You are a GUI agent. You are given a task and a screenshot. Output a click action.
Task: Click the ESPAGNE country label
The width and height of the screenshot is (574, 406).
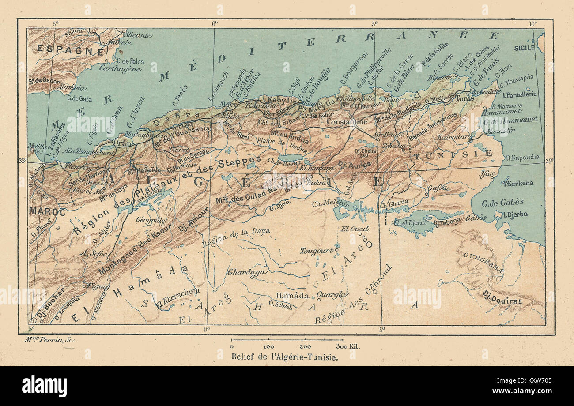click(70, 50)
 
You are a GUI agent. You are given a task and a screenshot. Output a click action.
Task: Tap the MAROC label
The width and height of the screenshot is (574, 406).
click(47, 212)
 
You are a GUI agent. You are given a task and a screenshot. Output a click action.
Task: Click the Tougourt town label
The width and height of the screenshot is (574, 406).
click(316, 251)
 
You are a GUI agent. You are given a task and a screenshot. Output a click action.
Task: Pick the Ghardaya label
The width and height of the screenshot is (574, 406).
click(247, 272)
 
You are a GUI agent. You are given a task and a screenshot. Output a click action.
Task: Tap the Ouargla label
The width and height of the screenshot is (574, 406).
click(332, 295)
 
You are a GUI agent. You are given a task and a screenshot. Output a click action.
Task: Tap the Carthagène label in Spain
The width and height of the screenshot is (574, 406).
click(120, 68)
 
